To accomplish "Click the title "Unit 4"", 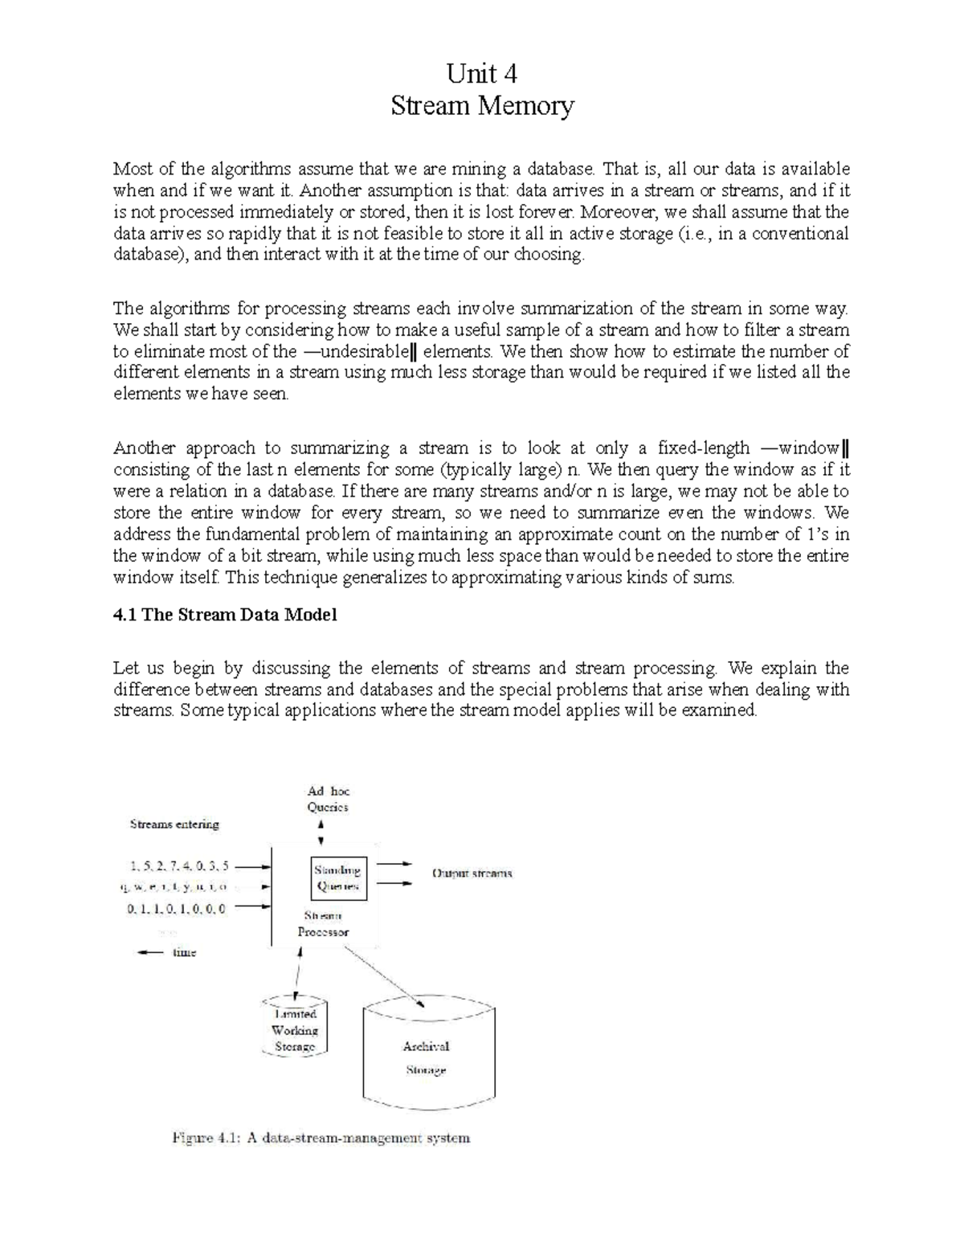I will click(x=481, y=74).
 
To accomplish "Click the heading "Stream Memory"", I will click(x=482, y=106).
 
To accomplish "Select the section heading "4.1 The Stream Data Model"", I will click(x=225, y=615).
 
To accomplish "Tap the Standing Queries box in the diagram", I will click(x=338, y=878).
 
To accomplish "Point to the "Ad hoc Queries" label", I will click(x=328, y=800).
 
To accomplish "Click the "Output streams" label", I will click(x=472, y=874).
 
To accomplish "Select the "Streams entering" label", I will click(x=174, y=824).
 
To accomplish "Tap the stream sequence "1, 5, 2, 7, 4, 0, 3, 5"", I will click(x=178, y=866).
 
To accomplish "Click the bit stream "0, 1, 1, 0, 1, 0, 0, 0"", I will click(x=176, y=909).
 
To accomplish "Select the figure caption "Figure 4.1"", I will click(x=320, y=1138).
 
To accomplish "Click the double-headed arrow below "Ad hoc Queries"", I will click(x=321, y=833).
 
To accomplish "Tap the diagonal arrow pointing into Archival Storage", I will click(x=386, y=976).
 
